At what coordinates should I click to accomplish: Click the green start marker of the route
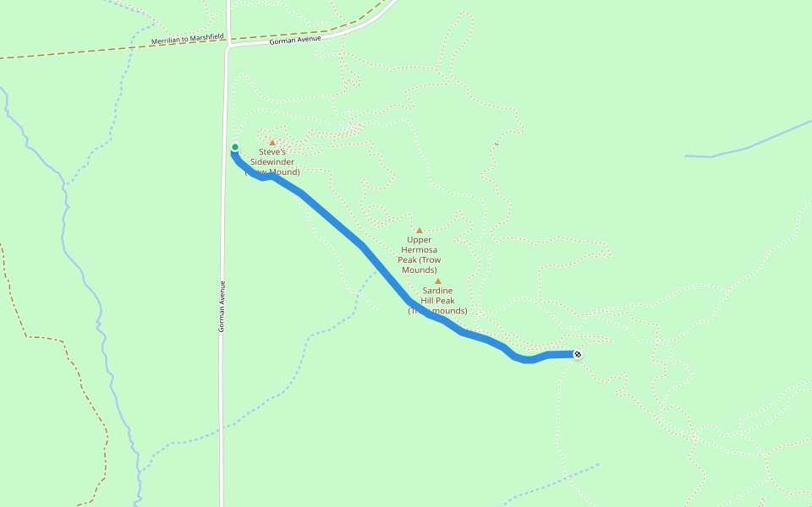click(234, 148)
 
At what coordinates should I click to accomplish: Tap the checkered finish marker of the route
click(577, 354)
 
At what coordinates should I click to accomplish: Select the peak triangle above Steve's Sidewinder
click(272, 142)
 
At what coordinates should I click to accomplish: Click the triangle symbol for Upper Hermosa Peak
click(419, 230)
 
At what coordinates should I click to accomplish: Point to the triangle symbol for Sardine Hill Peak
click(438, 281)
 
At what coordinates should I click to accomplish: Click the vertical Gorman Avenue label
click(222, 306)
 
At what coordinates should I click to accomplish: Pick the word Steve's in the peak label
click(272, 152)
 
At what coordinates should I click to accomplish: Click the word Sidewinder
click(272, 162)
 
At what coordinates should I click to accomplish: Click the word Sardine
click(437, 291)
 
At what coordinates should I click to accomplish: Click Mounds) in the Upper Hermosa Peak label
click(419, 270)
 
